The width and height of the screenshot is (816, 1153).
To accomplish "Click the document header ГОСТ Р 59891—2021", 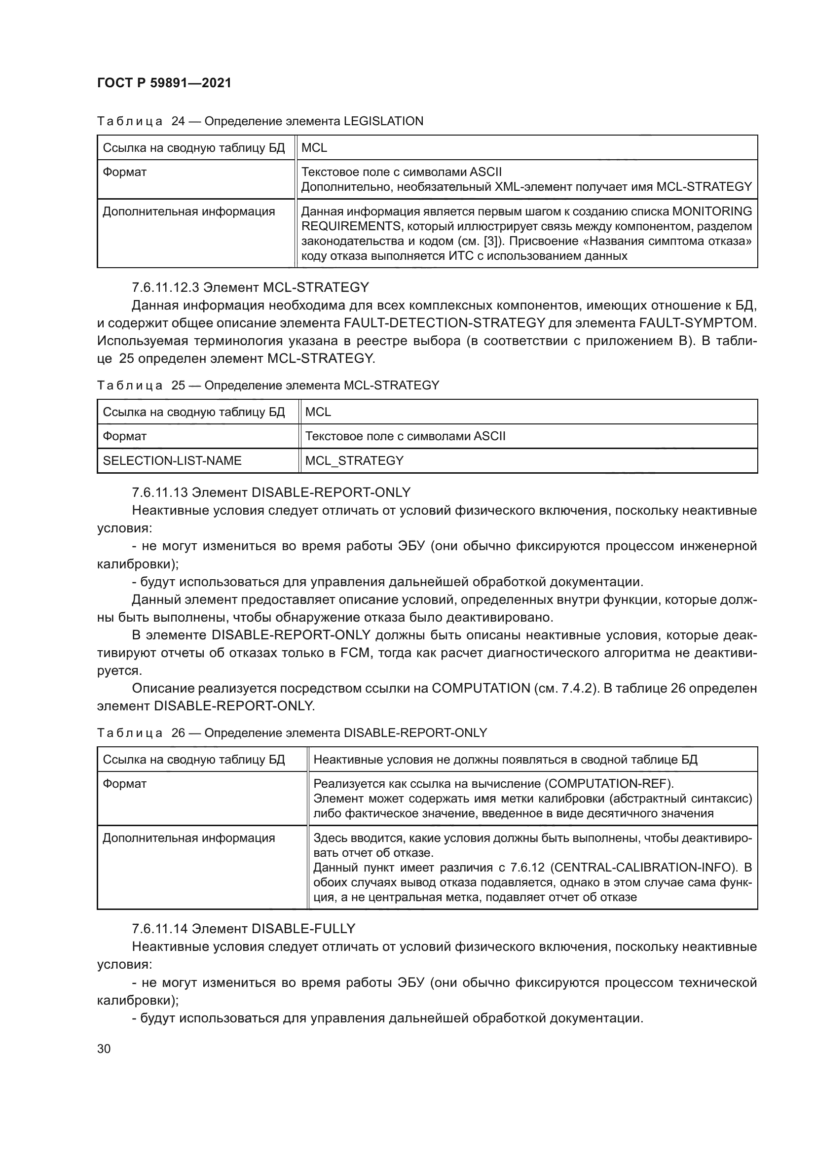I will click(x=164, y=83).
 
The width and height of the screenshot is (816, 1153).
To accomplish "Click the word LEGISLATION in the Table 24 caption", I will click(x=383, y=121).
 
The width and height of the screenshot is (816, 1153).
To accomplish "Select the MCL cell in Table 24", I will click(x=314, y=148).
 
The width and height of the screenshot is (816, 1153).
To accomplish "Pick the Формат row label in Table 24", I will click(x=125, y=172).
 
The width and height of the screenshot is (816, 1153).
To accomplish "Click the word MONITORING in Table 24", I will click(x=712, y=211).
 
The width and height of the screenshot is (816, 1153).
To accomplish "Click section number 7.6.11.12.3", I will click(x=165, y=288).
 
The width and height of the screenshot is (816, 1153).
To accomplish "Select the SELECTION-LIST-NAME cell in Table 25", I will click(x=172, y=461).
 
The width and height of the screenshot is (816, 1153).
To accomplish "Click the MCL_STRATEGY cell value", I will click(x=354, y=461).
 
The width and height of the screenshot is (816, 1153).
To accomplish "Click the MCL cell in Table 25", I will click(x=318, y=412).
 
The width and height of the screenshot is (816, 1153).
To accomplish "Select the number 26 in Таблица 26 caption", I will click(x=178, y=733).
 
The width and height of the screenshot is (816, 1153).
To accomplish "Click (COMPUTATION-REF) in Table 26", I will click(x=609, y=784).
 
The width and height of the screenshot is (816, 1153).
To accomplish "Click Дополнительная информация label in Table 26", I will click(x=188, y=838).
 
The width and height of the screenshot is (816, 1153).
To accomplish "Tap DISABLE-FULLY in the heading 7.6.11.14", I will click(x=303, y=929).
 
